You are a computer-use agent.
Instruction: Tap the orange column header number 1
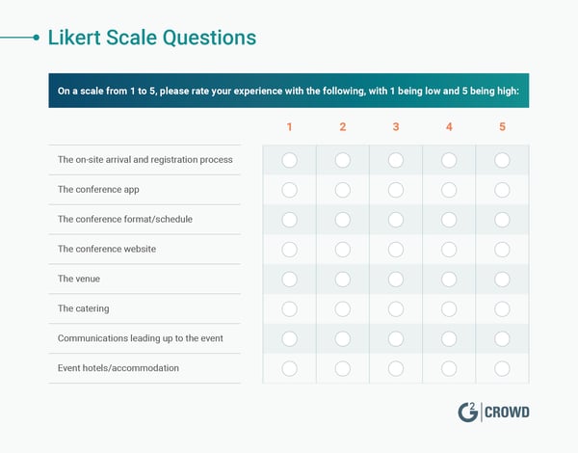point(289,127)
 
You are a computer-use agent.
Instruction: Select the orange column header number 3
point(396,127)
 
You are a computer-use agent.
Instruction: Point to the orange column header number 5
point(502,127)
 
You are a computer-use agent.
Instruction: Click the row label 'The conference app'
point(98,189)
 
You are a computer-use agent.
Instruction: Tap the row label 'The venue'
point(79,279)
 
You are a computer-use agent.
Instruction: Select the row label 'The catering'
point(83,308)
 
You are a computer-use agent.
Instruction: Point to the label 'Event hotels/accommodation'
point(118,367)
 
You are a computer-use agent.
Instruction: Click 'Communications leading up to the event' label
point(141,338)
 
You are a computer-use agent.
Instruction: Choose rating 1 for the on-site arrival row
point(289,160)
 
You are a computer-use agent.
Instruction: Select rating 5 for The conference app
point(502,190)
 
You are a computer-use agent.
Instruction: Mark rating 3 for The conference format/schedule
point(396,220)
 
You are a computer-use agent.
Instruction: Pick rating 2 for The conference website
point(342,250)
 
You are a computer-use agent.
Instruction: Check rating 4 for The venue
point(449,280)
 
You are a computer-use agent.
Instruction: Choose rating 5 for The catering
point(502,308)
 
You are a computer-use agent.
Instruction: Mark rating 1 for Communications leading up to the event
point(289,338)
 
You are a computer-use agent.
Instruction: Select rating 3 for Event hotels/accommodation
point(396,368)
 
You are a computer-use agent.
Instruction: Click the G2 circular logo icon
point(467,413)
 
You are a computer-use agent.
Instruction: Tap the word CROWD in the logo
point(509,413)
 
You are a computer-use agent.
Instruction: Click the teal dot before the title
point(37,39)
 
